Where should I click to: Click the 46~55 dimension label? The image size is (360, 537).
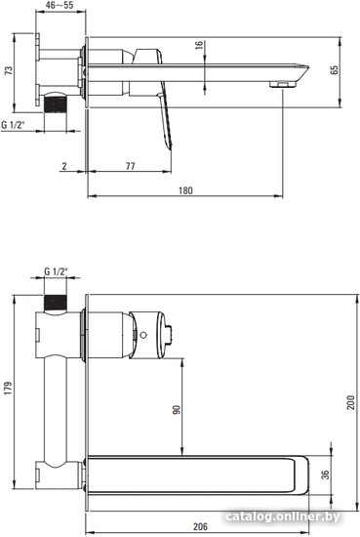[60, 5]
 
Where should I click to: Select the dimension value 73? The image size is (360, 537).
[8, 70]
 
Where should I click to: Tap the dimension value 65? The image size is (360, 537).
[334, 69]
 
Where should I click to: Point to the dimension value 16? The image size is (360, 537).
[199, 45]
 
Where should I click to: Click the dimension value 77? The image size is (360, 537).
[130, 166]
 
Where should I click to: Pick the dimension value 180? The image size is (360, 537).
[185, 190]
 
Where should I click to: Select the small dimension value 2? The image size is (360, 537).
[64, 166]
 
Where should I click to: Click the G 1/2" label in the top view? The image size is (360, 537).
[14, 125]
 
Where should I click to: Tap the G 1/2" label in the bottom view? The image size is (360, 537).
[57, 271]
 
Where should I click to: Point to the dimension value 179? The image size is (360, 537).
[8, 388]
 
